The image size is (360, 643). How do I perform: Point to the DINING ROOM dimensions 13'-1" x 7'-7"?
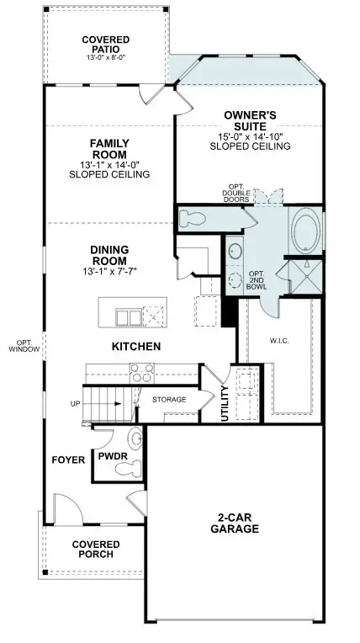tap(110, 272)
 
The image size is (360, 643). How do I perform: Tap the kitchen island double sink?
tap(130, 316)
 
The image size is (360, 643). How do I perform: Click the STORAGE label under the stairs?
tap(169, 399)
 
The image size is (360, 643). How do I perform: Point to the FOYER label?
tap(68, 460)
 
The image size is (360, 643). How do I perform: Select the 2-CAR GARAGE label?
tap(234, 523)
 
